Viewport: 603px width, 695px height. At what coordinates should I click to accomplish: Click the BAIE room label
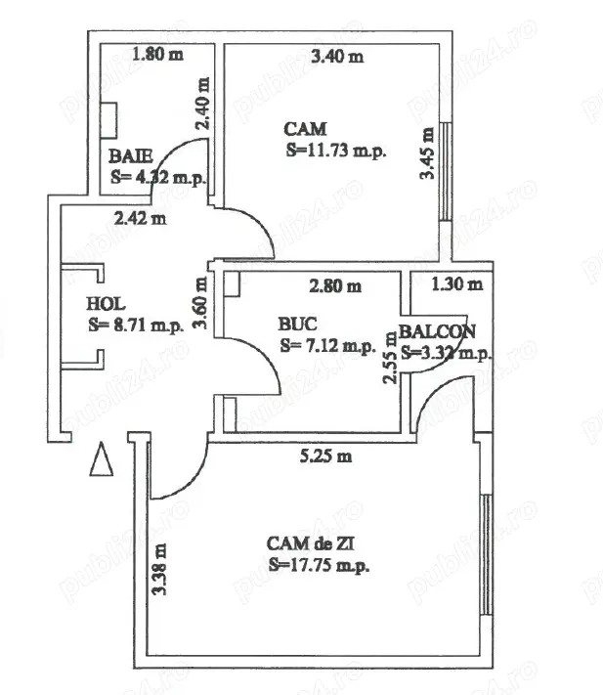pos(128,156)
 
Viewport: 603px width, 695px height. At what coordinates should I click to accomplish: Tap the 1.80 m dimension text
pos(157,55)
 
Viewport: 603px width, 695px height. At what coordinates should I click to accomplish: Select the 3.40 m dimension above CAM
pos(336,57)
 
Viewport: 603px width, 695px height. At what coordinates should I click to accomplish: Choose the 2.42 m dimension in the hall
pos(139,218)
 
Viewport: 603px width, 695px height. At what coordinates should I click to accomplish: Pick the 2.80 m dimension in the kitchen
pos(335,287)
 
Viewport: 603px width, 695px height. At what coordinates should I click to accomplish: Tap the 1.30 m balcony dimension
pos(457,284)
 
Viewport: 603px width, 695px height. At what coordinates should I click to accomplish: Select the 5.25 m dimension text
pos(324,456)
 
